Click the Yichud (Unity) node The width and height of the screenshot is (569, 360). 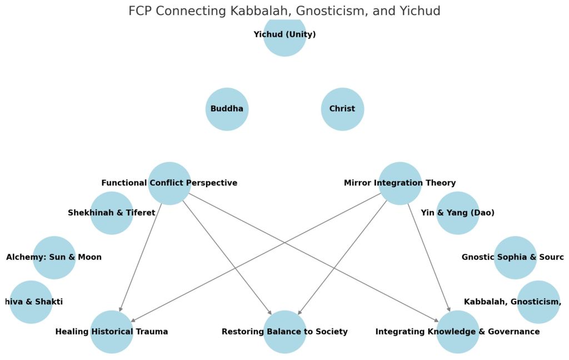[284, 35]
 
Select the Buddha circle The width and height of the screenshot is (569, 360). [227, 109]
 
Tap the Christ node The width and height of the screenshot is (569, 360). [342, 109]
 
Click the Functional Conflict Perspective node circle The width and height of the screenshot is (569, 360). [169, 183]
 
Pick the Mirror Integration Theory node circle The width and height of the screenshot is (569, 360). [400, 183]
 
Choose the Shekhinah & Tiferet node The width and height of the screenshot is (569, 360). [112, 213]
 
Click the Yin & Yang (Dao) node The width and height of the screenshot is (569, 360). [457, 213]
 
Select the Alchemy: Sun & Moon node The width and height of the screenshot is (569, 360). [54, 257]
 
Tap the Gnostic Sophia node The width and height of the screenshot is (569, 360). [515, 257]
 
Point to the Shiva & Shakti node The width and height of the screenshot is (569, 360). [31, 302]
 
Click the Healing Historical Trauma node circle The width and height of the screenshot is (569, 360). [112, 332]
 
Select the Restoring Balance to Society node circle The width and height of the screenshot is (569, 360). [284, 332]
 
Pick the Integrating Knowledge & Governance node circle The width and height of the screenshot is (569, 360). [457, 332]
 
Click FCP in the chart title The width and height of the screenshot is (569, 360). [141, 11]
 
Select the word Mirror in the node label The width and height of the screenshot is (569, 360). [358, 183]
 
